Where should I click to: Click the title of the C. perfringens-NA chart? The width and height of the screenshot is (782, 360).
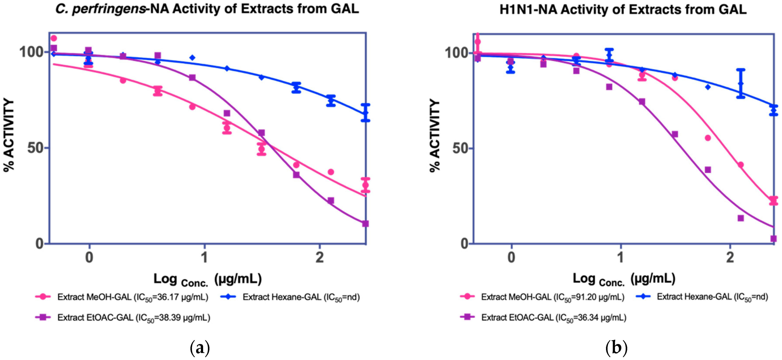(207, 9)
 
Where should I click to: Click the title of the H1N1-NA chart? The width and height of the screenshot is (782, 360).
(623, 10)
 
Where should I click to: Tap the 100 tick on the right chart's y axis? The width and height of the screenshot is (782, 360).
(456, 53)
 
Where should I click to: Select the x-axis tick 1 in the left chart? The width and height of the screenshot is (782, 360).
(205, 258)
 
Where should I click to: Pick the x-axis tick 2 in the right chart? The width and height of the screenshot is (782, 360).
(730, 258)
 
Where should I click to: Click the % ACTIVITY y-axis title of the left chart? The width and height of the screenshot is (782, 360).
(9, 135)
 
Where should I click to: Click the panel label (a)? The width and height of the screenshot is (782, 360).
(200, 348)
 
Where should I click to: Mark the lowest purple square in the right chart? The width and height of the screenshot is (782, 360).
(773, 239)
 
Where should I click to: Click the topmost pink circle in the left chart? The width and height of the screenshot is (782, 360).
(54, 38)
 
